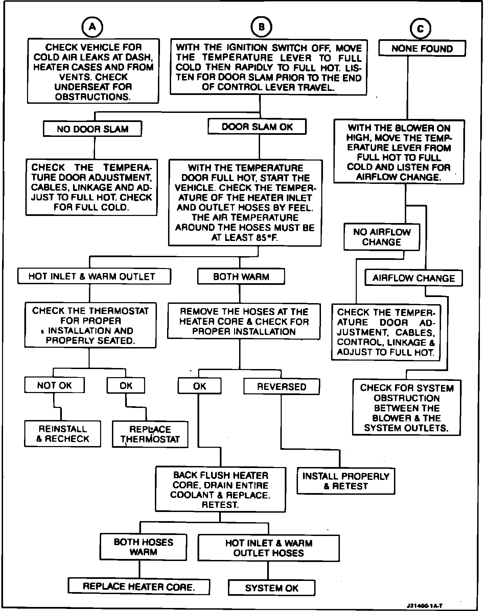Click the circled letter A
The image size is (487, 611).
coord(92,27)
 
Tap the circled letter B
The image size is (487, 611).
coord(261,27)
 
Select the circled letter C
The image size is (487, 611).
coord(420,29)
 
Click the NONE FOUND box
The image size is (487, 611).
coord(422,48)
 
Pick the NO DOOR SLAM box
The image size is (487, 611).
coord(92,129)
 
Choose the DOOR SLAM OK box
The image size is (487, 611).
coord(257,127)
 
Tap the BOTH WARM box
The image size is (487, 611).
coord(241,277)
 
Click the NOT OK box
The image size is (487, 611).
coord(54,385)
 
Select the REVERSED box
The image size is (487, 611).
coord(281,387)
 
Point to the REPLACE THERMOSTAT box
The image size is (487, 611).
coord(150,434)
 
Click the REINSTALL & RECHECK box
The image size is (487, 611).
coord(63,434)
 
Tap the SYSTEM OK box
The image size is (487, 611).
coord(272,588)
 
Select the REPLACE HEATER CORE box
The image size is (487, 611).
coord(139,586)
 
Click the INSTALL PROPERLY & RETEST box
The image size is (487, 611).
coord(346,481)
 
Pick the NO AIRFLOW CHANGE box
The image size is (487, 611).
coord(381,237)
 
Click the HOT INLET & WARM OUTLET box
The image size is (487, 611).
coord(94,276)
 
